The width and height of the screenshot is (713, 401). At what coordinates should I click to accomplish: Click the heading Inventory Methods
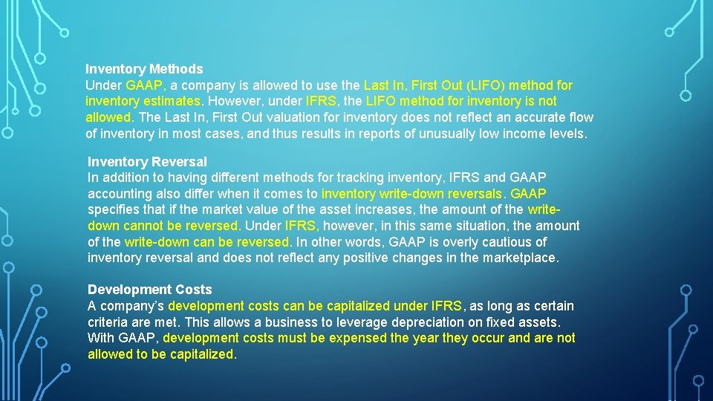point(144,69)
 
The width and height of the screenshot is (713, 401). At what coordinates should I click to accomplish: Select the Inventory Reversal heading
point(147,161)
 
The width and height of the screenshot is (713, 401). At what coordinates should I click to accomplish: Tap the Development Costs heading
point(150,290)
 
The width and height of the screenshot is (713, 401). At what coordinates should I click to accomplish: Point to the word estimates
point(168,101)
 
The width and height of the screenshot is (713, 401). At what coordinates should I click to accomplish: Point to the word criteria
point(110,322)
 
